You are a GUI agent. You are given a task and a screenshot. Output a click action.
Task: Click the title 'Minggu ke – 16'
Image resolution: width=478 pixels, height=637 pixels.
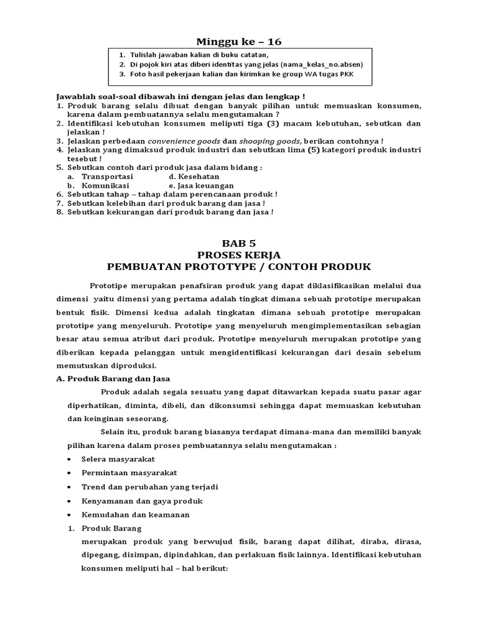point(239,42)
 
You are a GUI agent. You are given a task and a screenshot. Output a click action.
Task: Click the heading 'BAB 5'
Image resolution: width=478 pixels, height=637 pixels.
point(239,243)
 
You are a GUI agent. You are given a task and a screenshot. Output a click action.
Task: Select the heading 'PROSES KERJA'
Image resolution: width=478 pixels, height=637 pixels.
point(239,255)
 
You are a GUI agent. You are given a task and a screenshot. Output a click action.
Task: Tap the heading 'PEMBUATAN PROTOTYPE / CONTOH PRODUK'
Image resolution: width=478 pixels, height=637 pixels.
point(239,267)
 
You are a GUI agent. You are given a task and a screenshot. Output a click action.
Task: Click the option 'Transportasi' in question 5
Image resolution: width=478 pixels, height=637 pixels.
point(107,177)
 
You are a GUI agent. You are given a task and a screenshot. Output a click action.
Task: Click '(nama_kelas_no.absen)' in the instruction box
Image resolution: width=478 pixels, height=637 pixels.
point(321,64)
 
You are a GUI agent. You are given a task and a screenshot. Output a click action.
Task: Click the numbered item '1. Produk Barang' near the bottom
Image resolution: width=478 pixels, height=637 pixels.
point(105,529)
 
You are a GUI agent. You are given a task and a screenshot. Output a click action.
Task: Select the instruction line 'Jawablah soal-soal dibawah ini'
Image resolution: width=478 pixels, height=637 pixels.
point(124,97)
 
